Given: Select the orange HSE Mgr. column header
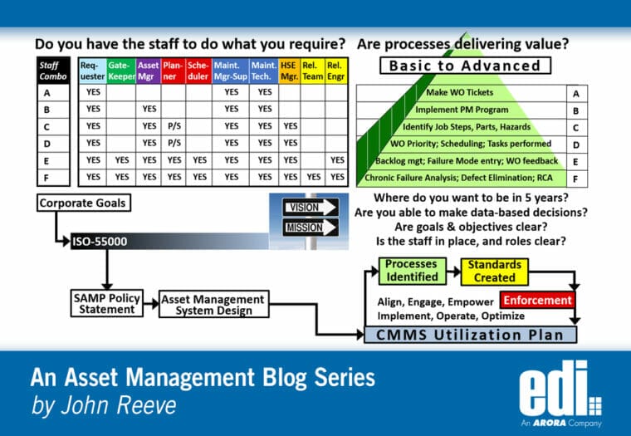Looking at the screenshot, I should click(x=289, y=71).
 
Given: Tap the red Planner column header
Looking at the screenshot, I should click(x=173, y=71).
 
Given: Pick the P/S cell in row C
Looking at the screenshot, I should click(x=173, y=126).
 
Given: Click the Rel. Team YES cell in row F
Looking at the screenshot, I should click(x=314, y=177).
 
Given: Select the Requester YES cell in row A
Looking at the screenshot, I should click(x=92, y=92).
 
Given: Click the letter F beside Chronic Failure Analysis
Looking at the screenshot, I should click(x=575, y=177).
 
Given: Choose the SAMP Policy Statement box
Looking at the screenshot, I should click(x=106, y=304).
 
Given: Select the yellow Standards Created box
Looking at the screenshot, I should click(x=494, y=271).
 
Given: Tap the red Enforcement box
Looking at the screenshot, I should click(x=537, y=300).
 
